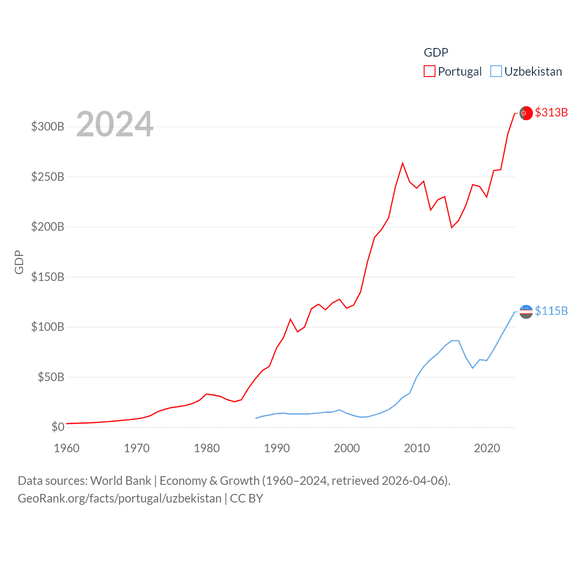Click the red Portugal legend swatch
429,72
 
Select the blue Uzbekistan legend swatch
496,72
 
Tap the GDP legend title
436,53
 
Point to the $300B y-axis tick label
48,126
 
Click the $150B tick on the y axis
48,277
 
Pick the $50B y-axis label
51,377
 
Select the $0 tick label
58,427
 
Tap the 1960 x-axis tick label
67,448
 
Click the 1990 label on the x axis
277,448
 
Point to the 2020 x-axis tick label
487,448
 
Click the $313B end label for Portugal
551,112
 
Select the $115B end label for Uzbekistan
551,311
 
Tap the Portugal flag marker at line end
526,113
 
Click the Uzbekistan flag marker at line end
526,311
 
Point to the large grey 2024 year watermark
115,124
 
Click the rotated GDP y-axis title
19,262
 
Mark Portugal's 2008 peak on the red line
402,163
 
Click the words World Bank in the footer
121,481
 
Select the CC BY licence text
246,498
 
